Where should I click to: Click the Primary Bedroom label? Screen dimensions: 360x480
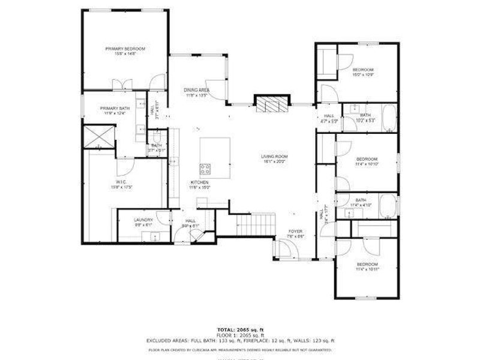click(125, 49)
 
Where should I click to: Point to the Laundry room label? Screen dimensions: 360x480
click(143, 220)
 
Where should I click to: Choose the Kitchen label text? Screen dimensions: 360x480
click(199, 182)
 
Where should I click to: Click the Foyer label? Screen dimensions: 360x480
click(295, 231)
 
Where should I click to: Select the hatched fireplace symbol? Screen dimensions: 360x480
click(272, 104)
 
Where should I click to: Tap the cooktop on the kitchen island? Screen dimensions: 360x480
click(205, 168)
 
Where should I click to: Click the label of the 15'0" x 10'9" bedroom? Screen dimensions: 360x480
click(363, 70)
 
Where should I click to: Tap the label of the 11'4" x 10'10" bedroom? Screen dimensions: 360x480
click(367, 159)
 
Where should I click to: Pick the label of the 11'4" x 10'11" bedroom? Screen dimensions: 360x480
click(367, 265)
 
